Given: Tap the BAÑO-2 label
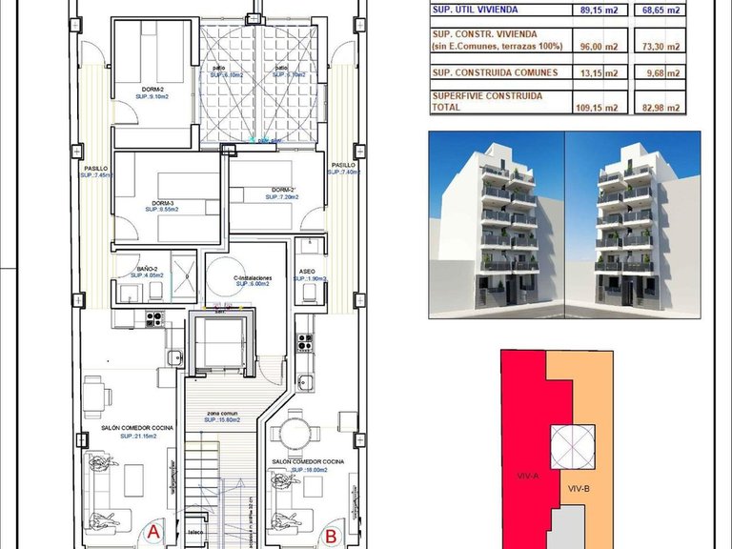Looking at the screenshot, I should (x=147, y=270).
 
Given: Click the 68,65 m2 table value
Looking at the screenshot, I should (x=661, y=10).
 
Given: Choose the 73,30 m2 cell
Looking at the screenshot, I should (x=661, y=46).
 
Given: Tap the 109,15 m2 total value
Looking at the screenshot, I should (x=598, y=107).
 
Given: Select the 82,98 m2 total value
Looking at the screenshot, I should (x=661, y=107).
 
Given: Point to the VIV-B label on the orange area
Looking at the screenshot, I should (x=579, y=489).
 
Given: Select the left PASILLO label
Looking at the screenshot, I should (x=96, y=168).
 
